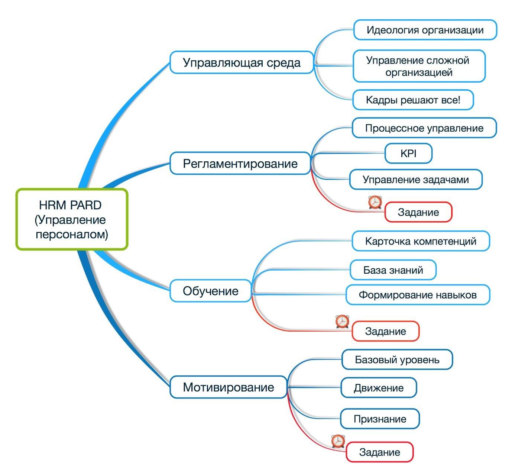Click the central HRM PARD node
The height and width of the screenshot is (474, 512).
click(x=72, y=219)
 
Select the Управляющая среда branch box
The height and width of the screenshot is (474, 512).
click(x=242, y=62)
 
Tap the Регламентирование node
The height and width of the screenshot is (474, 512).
click(x=240, y=163)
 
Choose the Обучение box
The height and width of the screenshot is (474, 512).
click(x=211, y=291)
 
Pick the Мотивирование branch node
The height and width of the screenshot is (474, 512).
click(x=229, y=387)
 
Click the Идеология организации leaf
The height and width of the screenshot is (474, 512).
click(x=425, y=30)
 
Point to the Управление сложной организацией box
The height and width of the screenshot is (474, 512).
click(x=419, y=66)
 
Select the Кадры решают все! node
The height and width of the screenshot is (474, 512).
click(x=413, y=100)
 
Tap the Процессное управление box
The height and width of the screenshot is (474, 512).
click(x=424, y=128)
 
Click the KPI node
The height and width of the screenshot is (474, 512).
click(x=408, y=153)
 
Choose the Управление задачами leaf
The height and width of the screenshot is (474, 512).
click(x=415, y=180)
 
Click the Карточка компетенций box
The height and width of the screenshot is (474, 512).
click(x=421, y=241)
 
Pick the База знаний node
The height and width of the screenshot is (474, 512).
click(x=393, y=270)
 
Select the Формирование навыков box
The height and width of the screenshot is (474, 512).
click(x=418, y=295)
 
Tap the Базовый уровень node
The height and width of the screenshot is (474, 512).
click(x=397, y=359)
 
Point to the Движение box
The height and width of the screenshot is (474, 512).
click(x=378, y=388)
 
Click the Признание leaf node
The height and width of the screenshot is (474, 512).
click(x=380, y=419)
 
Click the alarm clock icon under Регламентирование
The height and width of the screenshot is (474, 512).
click(x=375, y=202)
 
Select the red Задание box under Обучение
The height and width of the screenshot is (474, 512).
click(x=385, y=331)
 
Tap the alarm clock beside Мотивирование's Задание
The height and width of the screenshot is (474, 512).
click(x=338, y=441)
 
